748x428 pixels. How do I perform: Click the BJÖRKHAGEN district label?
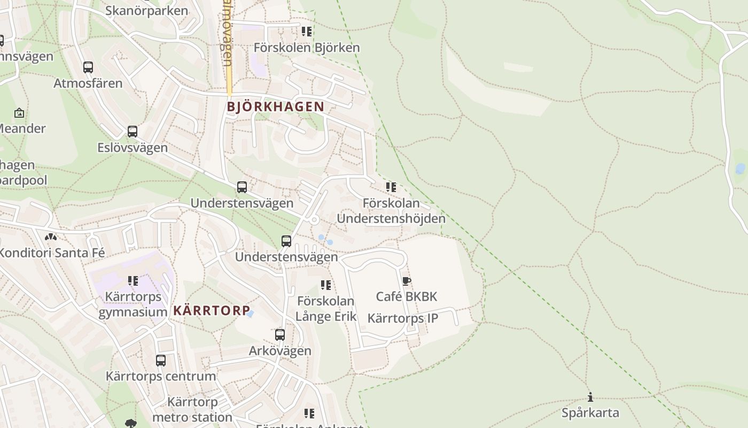point(276,106)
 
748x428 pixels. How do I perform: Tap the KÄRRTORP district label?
point(212,310)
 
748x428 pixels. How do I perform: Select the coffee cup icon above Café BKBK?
point(407,281)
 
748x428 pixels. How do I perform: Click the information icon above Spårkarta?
point(590,397)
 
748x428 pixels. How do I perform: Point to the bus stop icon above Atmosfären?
point(88,67)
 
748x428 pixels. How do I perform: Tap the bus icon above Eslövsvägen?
point(133,132)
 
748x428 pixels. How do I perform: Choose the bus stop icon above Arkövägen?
point(280,335)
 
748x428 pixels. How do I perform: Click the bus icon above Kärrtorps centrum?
point(161,361)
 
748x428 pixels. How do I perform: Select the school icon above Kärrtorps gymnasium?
point(133,281)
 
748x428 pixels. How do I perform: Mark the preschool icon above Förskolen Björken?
point(307,32)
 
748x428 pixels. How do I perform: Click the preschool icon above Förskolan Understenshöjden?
point(391,187)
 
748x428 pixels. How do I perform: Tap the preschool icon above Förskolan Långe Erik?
point(326,285)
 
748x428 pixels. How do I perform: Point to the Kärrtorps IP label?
point(403,318)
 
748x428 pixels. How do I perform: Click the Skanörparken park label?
point(146,11)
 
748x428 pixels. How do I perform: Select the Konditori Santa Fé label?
point(52,253)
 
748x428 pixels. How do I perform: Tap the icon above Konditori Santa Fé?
point(51,236)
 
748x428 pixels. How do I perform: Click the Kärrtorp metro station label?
point(192,409)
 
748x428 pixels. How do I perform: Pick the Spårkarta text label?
point(590,413)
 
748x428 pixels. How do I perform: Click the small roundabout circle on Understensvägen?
point(314,220)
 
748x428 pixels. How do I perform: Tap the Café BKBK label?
point(407,296)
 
